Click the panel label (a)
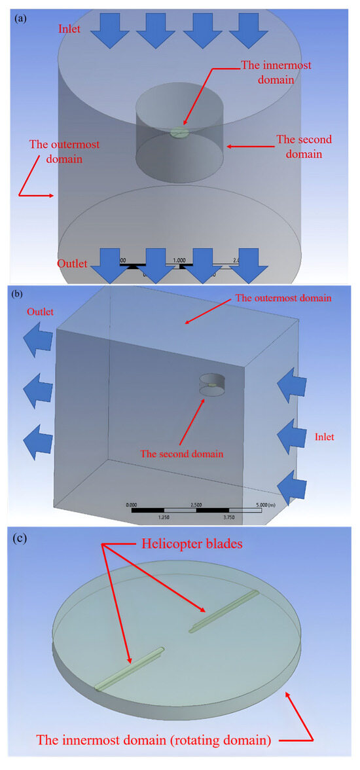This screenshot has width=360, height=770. pos(20,19)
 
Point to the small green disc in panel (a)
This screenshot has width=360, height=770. pos(179,133)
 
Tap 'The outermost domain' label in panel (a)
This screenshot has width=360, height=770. pos(56,151)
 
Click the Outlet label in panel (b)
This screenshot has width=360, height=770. pos(41,312)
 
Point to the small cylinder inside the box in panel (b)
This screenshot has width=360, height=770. pos(211,383)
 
